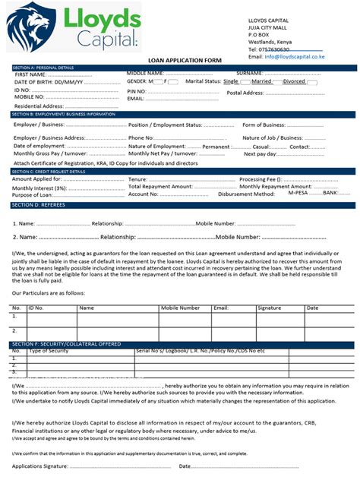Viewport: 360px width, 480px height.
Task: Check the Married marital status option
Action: coord(261,81)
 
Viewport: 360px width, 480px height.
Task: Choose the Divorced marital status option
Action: coord(294,81)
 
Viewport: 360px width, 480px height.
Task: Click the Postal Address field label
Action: coord(245,93)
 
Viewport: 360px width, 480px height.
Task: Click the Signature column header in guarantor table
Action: coord(269,308)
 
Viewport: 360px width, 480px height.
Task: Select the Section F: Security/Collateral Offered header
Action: coord(67,344)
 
